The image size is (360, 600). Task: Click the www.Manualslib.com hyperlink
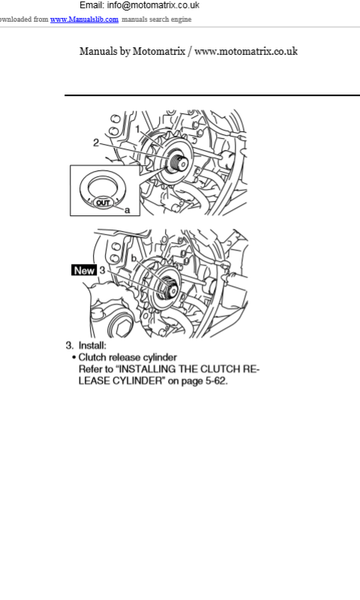click(x=84, y=19)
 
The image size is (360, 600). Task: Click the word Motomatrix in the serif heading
click(x=159, y=51)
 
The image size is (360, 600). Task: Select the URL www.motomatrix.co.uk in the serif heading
click(x=246, y=51)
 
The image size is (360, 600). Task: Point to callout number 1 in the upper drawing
click(x=138, y=129)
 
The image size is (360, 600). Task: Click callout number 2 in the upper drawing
click(x=96, y=142)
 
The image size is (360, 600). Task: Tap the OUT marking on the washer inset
click(x=103, y=202)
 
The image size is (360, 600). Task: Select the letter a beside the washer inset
click(x=127, y=210)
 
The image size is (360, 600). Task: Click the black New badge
click(x=84, y=270)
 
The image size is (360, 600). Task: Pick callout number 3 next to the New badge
click(x=102, y=270)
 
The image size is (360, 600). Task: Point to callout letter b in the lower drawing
click(x=133, y=259)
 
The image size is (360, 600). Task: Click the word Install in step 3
click(x=92, y=346)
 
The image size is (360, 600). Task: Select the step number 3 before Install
click(x=69, y=346)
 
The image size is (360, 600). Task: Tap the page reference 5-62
click(x=217, y=381)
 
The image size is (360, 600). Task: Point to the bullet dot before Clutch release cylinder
click(x=73, y=358)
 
